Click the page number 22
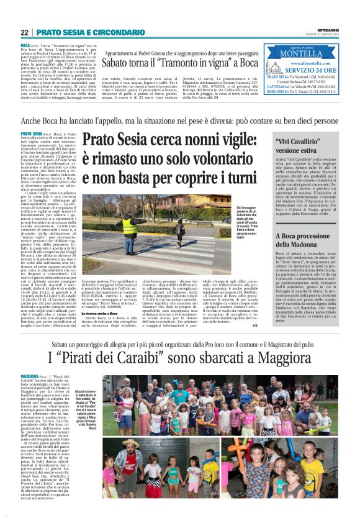25,32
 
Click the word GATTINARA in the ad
276,86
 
